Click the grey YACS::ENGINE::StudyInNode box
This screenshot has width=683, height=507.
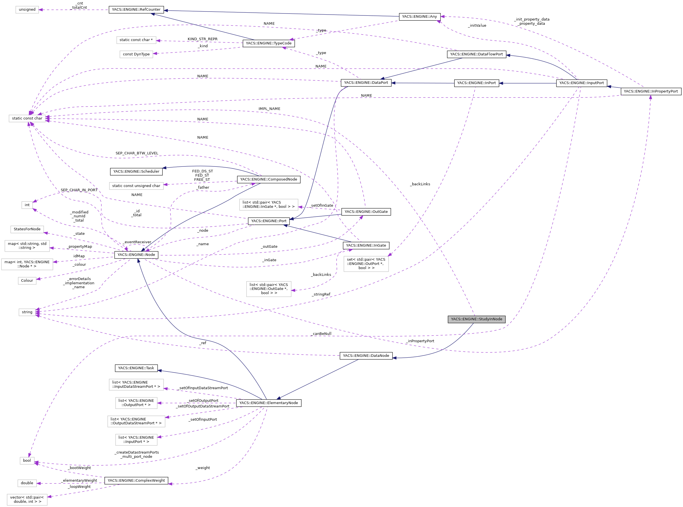[476, 319]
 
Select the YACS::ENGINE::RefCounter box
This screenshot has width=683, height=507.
[136, 10]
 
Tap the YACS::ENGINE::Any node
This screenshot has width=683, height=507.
[419, 17]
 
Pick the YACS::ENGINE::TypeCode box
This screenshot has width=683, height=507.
[268, 43]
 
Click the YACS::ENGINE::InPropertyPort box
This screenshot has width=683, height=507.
[650, 91]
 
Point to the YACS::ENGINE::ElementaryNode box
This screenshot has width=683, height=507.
[268, 403]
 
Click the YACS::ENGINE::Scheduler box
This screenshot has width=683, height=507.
[136, 172]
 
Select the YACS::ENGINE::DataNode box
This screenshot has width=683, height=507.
[366, 356]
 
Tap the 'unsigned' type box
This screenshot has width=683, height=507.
[27, 10]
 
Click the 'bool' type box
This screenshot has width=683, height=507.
[27, 461]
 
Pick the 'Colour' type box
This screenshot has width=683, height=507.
[27, 281]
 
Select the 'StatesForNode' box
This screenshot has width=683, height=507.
[27, 229]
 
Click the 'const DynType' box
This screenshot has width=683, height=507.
[136, 54]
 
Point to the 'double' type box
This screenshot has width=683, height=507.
[27, 483]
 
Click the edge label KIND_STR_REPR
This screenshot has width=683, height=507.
[202, 39]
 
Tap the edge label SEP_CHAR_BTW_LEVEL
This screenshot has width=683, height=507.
[137, 153]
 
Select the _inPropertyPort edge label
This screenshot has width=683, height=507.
[420, 341]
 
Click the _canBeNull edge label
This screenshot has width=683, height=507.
[321, 334]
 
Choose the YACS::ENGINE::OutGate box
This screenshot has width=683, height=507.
[366, 212]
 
